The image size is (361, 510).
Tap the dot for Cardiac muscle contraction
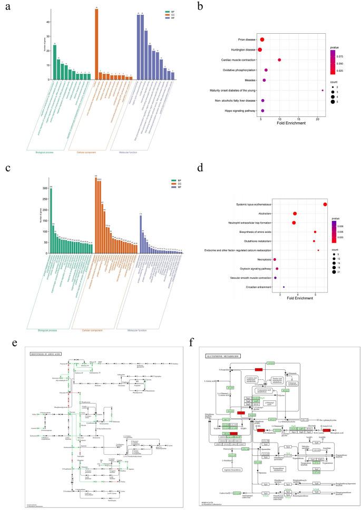click(279, 60)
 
